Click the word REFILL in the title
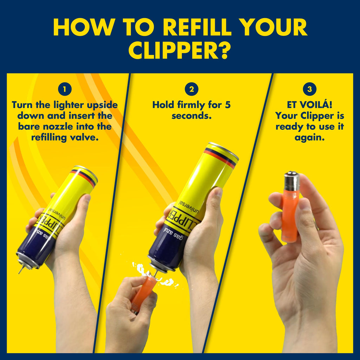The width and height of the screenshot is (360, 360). tap(197, 27)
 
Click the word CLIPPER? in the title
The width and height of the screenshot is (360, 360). tap(180, 50)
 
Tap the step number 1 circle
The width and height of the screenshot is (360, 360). tap(65, 89)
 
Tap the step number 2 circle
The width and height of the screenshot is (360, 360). tap(192, 89)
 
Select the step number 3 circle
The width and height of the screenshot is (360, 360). tap(309, 89)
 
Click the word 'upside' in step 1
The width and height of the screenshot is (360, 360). tap(102, 105)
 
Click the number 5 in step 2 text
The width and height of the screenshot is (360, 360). tap(227, 105)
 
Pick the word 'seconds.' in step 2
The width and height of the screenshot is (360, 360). tap(192, 116)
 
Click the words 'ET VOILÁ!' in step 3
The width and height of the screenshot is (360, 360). tap(309, 105)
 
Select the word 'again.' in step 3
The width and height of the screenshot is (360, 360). tap(309, 138)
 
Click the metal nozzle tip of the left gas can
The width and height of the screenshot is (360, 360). tap(20, 270)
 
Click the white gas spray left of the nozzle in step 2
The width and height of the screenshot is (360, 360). tap(140, 269)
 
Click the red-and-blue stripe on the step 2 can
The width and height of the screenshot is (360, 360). tap(220, 157)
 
